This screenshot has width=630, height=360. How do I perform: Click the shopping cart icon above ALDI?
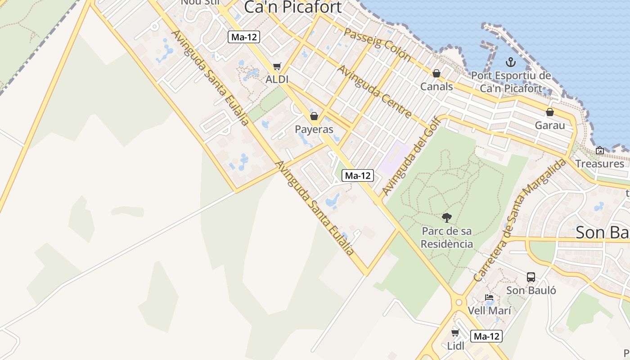click(x=277, y=67)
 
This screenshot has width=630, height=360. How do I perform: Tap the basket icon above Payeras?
click(x=314, y=116)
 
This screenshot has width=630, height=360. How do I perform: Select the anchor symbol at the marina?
click(x=510, y=62)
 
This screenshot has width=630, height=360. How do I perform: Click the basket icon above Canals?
click(x=436, y=73)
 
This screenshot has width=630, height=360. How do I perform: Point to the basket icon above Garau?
click(x=549, y=112)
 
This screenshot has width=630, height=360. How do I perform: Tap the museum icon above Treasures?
click(x=599, y=150)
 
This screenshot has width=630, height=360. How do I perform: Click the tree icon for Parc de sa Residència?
click(x=447, y=218)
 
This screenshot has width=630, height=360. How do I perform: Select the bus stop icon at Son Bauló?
click(x=531, y=277)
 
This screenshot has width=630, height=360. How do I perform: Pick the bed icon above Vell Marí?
click(x=489, y=297)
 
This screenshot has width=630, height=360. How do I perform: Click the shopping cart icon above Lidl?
click(x=455, y=333)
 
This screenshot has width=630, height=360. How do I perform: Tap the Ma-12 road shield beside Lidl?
click(x=486, y=336)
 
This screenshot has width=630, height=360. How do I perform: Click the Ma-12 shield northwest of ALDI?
click(x=244, y=37)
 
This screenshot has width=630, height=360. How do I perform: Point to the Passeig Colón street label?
click(x=378, y=44)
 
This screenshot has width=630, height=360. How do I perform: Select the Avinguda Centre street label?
click(x=374, y=92)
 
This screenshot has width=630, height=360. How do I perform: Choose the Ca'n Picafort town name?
click(x=293, y=7)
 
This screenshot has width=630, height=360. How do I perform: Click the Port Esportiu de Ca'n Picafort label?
click(x=511, y=82)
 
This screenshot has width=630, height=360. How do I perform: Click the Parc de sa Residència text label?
click(x=447, y=238)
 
